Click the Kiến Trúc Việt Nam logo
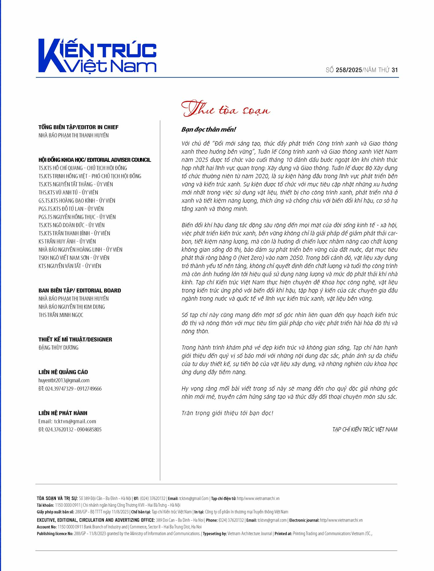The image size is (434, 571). click(x=97, y=56)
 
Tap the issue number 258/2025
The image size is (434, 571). click(x=349, y=70)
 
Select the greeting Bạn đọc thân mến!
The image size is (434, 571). click(x=209, y=129)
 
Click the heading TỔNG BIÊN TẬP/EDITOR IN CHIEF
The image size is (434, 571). click(x=78, y=127)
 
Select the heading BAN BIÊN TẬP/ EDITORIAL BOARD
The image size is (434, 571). click(x=80, y=291)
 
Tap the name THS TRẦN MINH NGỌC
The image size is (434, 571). click(x=61, y=315)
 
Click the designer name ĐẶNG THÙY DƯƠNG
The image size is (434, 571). click(x=58, y=348)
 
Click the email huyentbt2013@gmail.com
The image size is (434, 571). click(x=64, y=380)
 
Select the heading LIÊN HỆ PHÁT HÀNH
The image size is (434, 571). click(x=63, y=413)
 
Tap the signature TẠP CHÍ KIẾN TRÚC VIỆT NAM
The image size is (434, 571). click(x=365, y=429)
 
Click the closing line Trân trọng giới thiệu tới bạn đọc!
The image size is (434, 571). click(x=227, y=413)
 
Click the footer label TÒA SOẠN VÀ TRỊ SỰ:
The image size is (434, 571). click(x=57, y=498)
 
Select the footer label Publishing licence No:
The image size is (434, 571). click(x=55, y=533)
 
